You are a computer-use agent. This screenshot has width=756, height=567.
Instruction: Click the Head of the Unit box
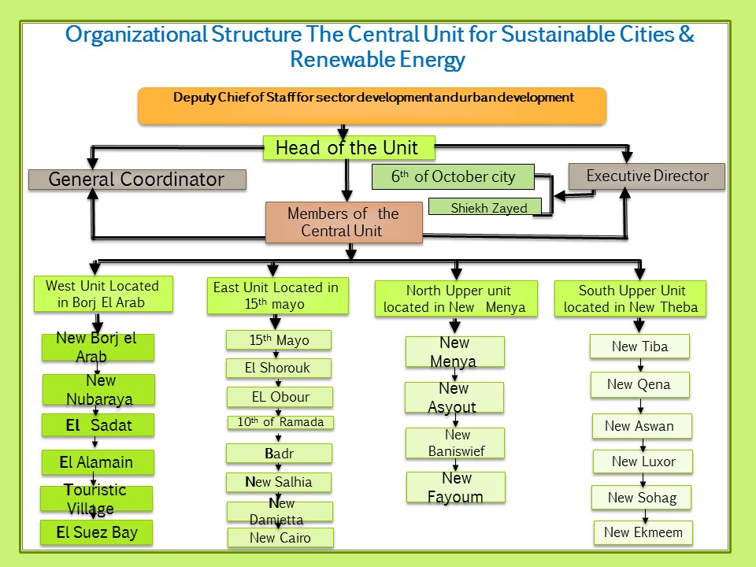pos(346,147)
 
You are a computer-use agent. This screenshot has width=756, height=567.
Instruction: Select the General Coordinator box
pos(137,180)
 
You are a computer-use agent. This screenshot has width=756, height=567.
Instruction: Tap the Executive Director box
pos(647,176)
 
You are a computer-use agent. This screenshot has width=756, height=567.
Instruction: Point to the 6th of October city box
pos(453,177)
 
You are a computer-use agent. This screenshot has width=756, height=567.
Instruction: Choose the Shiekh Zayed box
pos(489,208)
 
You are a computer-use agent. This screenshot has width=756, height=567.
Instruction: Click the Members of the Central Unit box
pos(343,222)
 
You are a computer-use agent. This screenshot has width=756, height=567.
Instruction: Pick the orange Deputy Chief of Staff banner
pos(372,106)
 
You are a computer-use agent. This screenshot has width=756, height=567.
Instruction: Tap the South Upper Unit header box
pos(632,298)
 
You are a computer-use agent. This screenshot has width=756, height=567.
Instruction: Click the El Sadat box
pos(98,426)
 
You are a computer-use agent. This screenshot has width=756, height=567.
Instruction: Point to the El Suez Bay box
pos(97,532)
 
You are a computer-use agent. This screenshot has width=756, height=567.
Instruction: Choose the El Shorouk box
pos(279,368)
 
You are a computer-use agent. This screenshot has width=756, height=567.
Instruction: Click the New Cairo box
pos(280,538)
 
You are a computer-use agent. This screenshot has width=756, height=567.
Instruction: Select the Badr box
pos(279,454)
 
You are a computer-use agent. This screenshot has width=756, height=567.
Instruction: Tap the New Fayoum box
pos(456,487)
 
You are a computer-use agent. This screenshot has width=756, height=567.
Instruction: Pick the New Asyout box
pos(454,398)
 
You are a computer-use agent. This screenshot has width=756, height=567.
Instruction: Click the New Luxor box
pos(643,461)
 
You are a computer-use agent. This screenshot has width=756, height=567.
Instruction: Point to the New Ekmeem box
pos(643,532)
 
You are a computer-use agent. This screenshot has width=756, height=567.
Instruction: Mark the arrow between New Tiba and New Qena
pos(641,365)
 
